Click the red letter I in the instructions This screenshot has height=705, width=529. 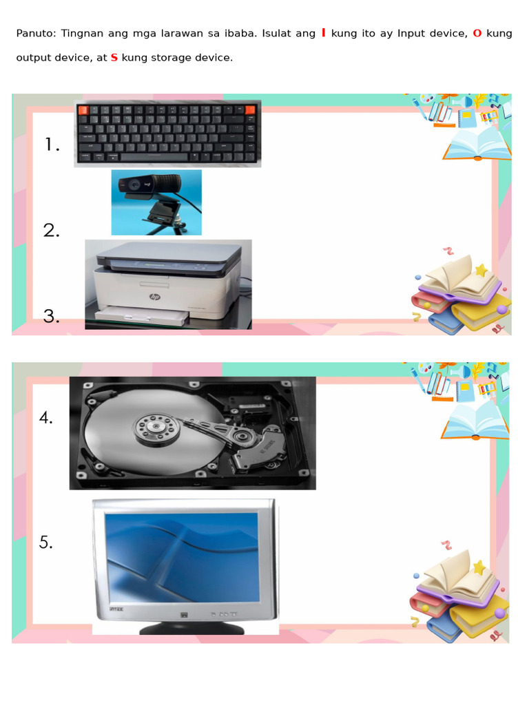point(324,33)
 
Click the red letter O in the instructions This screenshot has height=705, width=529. point(477,33)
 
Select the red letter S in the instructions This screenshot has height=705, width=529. point(114,58)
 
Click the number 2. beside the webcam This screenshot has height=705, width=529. point(52,231)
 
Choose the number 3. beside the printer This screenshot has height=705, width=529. point(52,316)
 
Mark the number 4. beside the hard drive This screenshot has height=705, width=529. point(46,417)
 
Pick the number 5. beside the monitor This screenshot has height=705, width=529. point(46,543)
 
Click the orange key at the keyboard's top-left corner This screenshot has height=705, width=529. point(83,110)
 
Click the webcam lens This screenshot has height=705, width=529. point(132,187)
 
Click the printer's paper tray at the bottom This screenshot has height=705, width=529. point(141,315)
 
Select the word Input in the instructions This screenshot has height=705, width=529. point(411,33)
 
